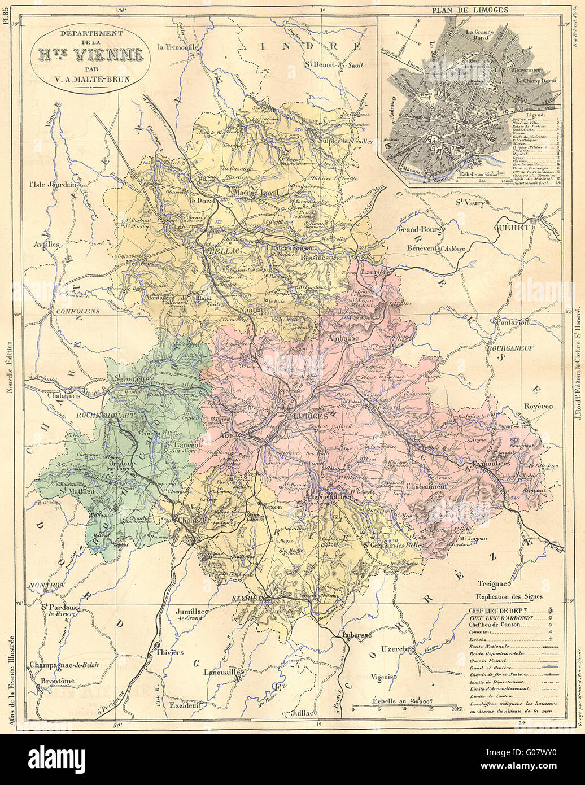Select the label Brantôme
(x=58, y=681)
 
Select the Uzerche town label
(x=398, y=649)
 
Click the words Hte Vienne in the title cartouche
(x=90, y=55)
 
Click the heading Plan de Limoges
(x=470, y=10)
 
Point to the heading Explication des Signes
(x=509, y=597)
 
